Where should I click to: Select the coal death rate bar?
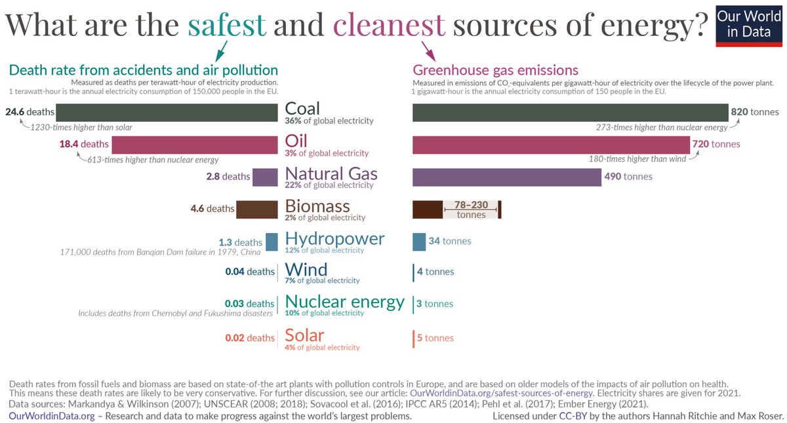(x=167, y=112)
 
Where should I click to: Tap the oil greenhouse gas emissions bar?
(x=551, y=144)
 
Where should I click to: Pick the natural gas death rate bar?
(x=265, y=177)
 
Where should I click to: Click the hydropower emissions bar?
(x=419, y=241)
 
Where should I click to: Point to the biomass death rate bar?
(x=257, y=209)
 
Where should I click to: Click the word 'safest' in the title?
(x=227, y=25)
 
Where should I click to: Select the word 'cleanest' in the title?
(x=389, y=25)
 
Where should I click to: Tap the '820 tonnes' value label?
(x=755, y=112)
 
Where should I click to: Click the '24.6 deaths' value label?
(x=30, y=112)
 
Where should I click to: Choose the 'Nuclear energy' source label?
(x=344, y=302)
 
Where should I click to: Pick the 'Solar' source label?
(x=304, y=335)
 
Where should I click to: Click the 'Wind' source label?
(x=306, y=269)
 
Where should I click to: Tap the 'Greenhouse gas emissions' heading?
(x=495, y=70)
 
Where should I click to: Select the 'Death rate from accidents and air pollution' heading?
(x=143, y=70)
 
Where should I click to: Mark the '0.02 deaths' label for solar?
(x=249, y=338)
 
